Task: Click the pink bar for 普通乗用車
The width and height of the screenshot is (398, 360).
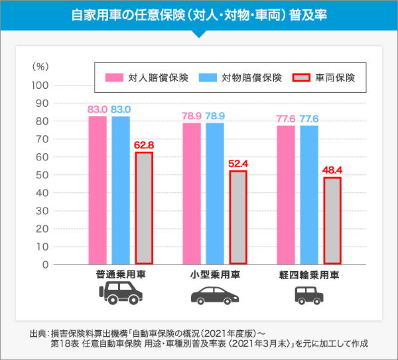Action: pos(98,190)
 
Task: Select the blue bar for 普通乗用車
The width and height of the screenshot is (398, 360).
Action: pos(121,190)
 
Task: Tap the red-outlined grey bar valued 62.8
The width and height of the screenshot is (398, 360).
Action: pos(144,208)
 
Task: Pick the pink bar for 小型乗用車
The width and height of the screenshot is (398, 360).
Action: pos(192,194)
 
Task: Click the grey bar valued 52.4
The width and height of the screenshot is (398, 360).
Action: pos(238,217)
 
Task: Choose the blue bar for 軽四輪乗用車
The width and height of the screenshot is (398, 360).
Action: pos(309,195)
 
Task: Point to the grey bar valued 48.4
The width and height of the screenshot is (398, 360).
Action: pos(332,221)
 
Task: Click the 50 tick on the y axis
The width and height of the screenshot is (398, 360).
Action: pos(42,175)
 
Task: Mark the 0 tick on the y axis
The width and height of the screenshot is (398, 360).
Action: pos(45,265)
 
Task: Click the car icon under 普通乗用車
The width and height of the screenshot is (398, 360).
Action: pos(121,292)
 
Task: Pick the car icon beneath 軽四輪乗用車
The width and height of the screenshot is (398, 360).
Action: pos(309,293)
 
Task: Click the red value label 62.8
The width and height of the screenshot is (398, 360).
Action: pos(144,145)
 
